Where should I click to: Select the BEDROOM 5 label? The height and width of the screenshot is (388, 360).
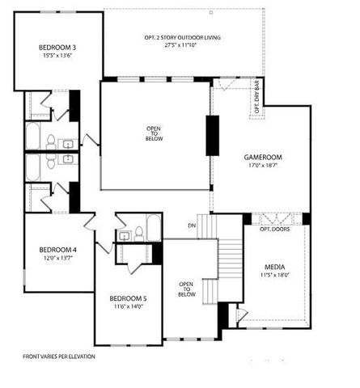(x=129, y=299)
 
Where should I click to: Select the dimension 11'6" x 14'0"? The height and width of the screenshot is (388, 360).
(x=129, y=307)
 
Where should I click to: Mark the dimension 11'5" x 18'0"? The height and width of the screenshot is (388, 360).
(x=275, y=275)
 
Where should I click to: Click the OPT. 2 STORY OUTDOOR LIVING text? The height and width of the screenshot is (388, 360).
(x=183, y=38)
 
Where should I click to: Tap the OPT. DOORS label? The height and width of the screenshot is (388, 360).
(x=275, y=230)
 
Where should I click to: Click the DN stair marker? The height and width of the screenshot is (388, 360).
(x=193, y=225)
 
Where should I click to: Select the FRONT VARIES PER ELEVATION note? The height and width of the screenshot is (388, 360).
(x=58, y=356)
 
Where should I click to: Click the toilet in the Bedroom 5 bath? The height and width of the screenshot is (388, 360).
(x=140, y=234)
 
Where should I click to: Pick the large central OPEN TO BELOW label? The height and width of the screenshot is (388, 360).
(x=155, y=133)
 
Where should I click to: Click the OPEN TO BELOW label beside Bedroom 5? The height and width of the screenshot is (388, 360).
(x=186, y=289)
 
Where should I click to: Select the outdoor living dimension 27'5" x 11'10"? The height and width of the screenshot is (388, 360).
(x=183, y=46)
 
